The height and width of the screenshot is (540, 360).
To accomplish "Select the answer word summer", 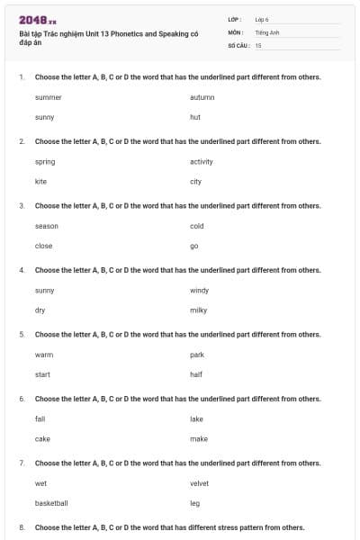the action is (x=48, y=96).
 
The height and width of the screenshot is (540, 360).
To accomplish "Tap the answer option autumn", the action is (x=202, y=96).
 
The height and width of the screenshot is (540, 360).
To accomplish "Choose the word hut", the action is (x=194, y=117).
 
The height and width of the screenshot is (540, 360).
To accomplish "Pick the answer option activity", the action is (x=202, y=161).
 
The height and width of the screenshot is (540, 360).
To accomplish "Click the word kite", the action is (x=40, y=181).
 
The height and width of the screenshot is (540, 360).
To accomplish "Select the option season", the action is (x=47, y=225).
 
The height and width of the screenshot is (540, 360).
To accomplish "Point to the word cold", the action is (x=197, y=225).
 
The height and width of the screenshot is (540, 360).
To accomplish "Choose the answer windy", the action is (x=199, y=290).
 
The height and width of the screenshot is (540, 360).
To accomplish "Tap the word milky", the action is (x=198, y=310).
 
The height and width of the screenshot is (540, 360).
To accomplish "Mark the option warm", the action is (x=44, y=355).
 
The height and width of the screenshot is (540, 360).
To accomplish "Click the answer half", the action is (x=195, y=374).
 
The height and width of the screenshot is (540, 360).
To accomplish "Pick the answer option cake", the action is (x=42, y=438).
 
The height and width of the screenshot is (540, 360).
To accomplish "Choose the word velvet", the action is (x=199, y=483).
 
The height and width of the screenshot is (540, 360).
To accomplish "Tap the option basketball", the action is (x=51, y=503).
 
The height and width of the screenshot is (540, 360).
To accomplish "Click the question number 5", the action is (x=22, y=334).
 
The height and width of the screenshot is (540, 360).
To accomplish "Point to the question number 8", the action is (x=22, y=526).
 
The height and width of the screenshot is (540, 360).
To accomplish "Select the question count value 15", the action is (x=258, y=44).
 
